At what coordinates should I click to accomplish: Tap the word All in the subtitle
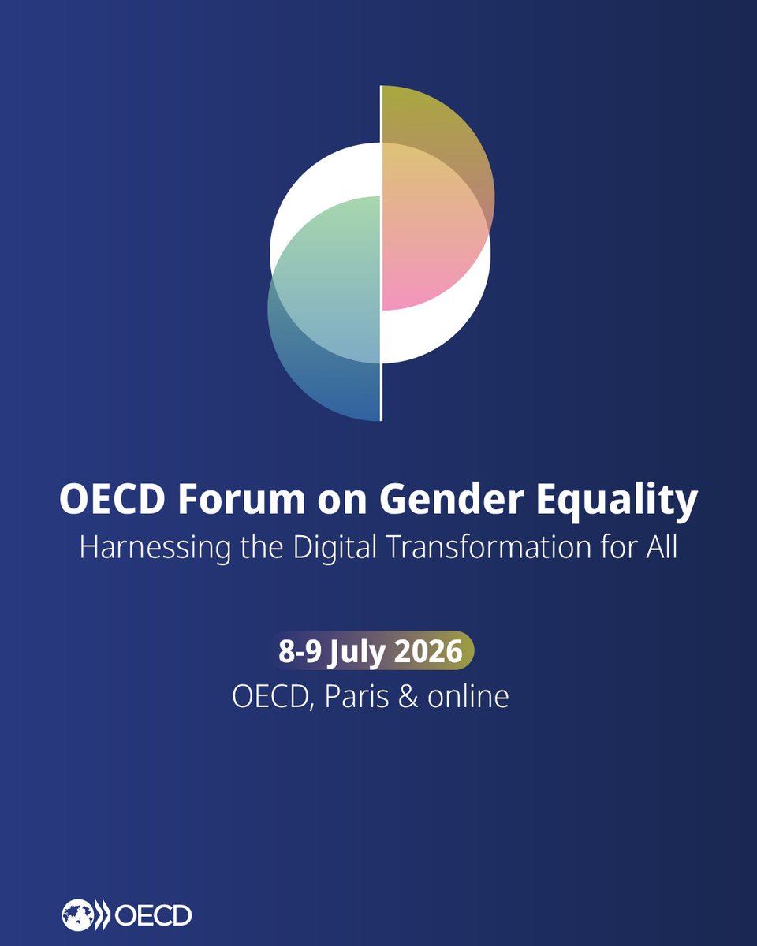click(660, 547)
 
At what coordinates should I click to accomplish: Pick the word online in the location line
click(468, 697)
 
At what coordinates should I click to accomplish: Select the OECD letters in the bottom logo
click(153, 915)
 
